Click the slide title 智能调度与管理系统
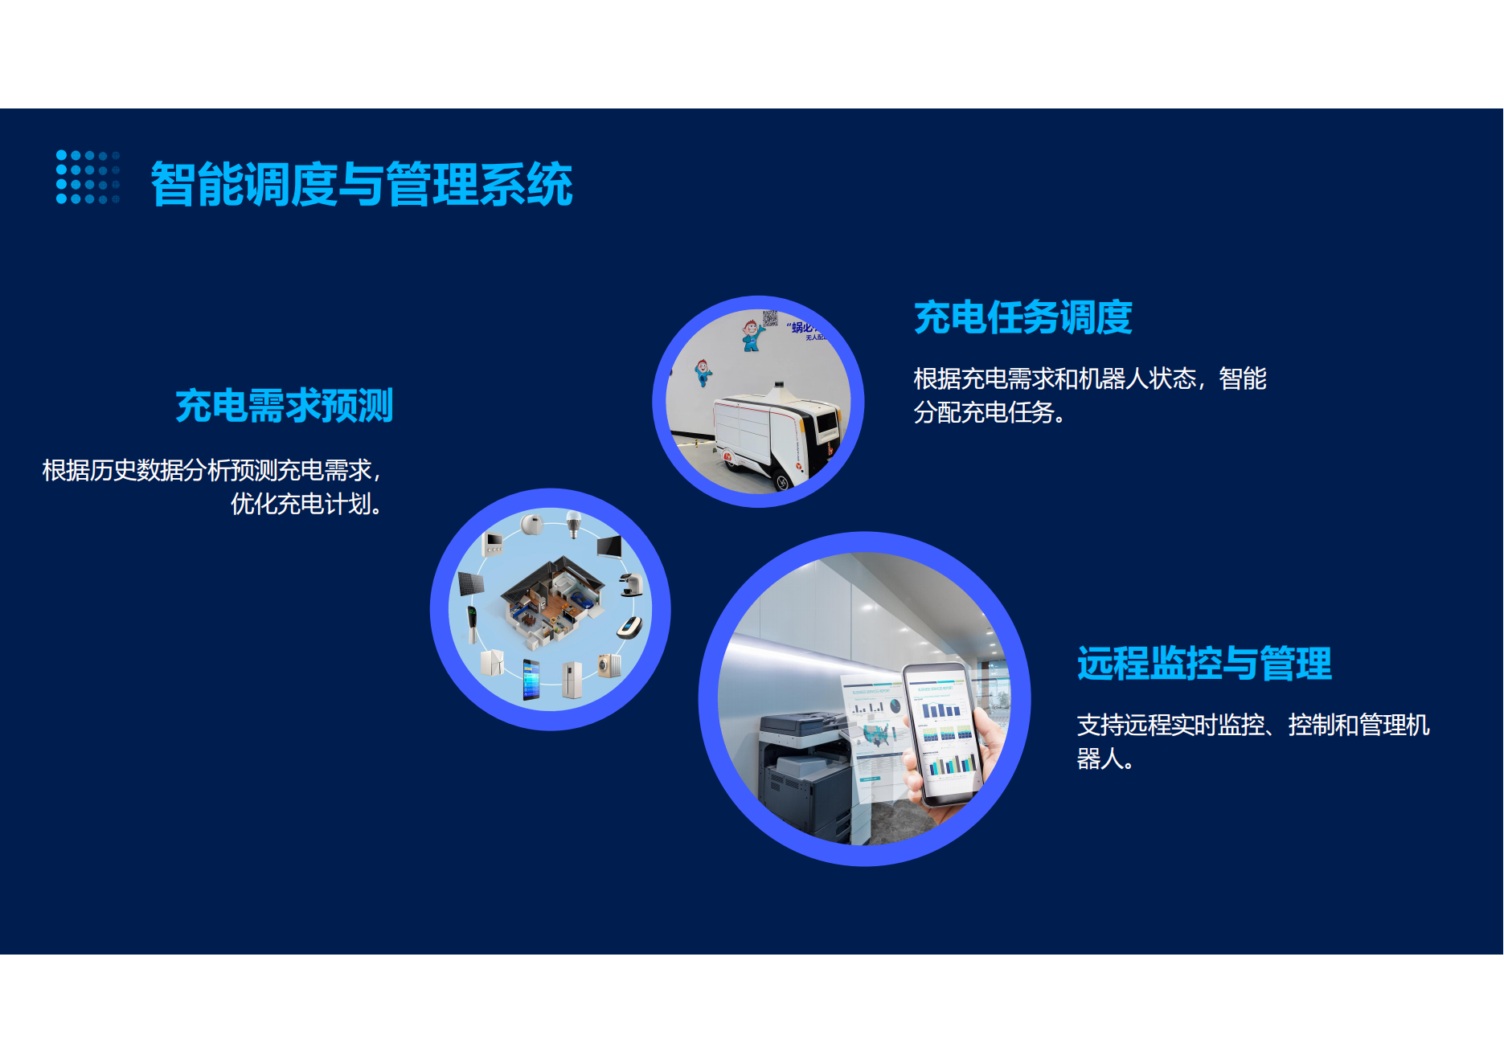pyautogui.click(x=361, y=184)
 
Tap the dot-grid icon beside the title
pyautogui.click(x=88, y=177)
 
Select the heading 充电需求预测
pyautogui.click(x=284, y=405)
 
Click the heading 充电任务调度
pyautogui.click(x=1022, y=317)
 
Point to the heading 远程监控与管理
pyautogui.click(x=1203, y=664)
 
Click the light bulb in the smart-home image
pyautogui.click(x=573, y=524)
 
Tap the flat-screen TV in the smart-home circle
pyautogui.click(x=609, y=546)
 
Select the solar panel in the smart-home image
pyautogui.click(x=470, y=583)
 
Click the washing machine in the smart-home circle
pyautogui.click(x=609, y=665)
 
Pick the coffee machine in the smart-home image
pyautogui.click(x=632, y=584)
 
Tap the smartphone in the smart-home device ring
pyautogui.click(x=531, y=679)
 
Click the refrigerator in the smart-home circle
pyautogui.click(x=572, y=680)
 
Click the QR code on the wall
pyautogui.click(x=770, y=318)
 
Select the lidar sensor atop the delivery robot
pyautogui.click(x=777, y=390)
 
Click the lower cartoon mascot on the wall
pyautogui.click(x=703, y=373)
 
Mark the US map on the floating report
pyautogui.click(x=877, y=734)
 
